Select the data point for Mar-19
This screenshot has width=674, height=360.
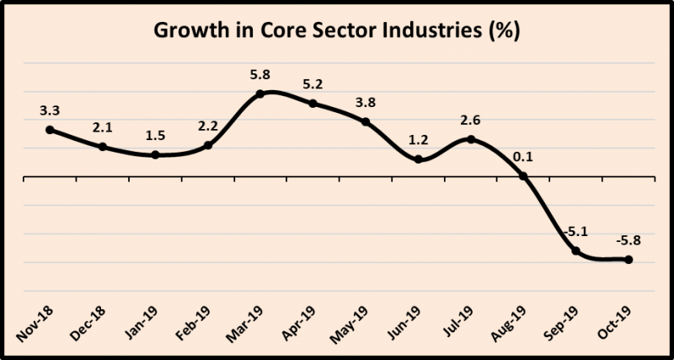[x=260, y=94]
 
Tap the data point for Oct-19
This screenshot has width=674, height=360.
[x=629, y=260]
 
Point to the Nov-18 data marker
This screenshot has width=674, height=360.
[x=50, y=130]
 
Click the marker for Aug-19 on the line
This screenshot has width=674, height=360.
[x=523, y=176]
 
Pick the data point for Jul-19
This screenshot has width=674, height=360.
[x=471, y=139]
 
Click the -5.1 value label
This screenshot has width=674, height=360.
[x=575, y=231]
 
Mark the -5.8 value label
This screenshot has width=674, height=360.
[x=629, y=239]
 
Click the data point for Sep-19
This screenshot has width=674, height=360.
[x=576, y=251]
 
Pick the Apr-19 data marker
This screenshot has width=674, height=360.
[x=313, y=104]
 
